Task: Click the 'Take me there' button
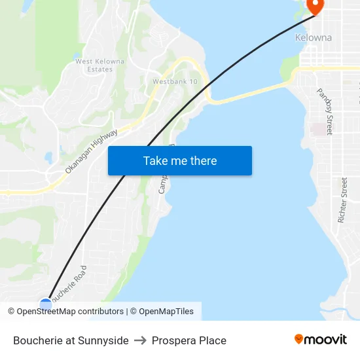179,161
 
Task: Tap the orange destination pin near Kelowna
315,7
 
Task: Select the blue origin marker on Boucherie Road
46,304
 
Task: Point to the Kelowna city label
314,37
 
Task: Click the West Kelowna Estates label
99,65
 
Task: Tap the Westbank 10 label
175,82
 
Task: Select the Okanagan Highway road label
91,151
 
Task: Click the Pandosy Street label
325,111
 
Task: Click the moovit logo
321,339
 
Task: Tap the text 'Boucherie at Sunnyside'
71,340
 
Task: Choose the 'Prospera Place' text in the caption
189,340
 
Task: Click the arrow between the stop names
140,340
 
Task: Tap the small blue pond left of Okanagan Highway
48,158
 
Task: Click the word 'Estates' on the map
99,69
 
